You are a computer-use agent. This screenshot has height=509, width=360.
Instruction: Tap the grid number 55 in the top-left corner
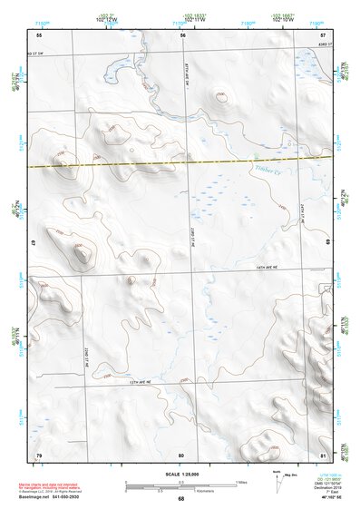39,34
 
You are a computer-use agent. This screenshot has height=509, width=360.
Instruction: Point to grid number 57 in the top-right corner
324,34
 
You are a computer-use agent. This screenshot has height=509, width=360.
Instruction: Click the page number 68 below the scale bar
180,499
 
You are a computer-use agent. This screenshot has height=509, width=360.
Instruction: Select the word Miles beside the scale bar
240,481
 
